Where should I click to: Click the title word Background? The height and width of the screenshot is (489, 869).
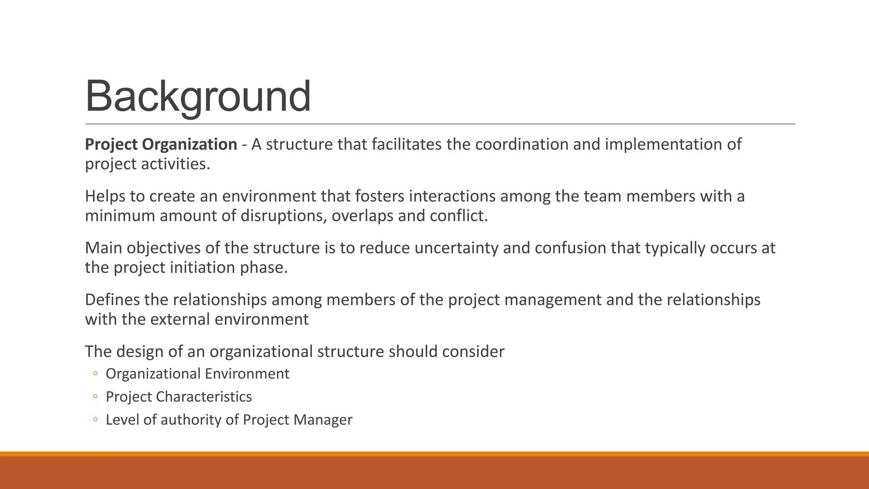pyautogui.click(x=198, y=97)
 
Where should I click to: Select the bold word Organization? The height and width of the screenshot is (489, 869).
pyautogui.click(x=189, y=144)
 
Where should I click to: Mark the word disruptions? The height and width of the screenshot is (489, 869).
pyautogui.click(x=283, y=216)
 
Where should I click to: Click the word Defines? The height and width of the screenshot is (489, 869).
pyautogui.click(x=112, y=300)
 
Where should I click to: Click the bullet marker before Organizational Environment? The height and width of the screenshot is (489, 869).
pyautogui.click(x=95, y=374)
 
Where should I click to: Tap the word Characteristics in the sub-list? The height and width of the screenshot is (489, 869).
pyautogui.click(x=204, y=396)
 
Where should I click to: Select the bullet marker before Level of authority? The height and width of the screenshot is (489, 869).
pyautogui.click(x=95, y=419)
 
